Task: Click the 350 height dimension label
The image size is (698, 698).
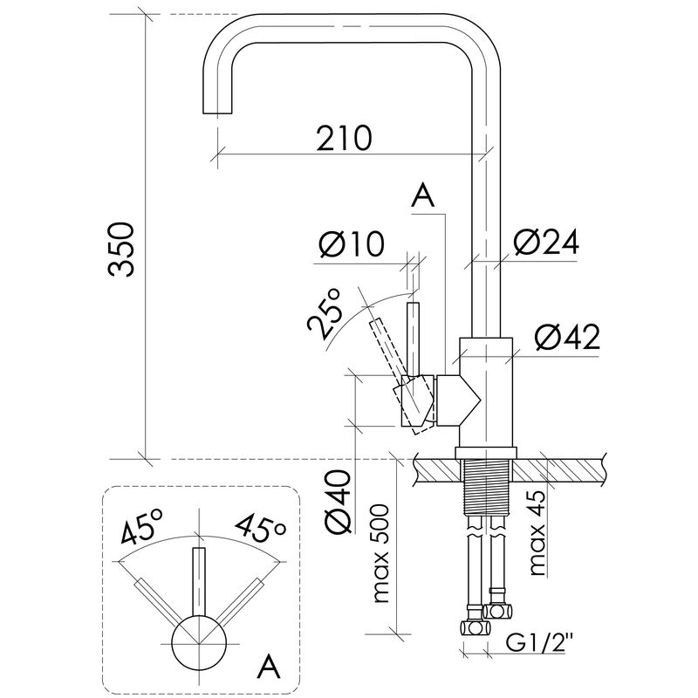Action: [120, 250]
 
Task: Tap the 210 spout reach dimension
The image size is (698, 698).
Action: [343, 138]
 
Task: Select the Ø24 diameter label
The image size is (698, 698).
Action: [546, 243]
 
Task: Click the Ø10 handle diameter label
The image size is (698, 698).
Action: [352, 244]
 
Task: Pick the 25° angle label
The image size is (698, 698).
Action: [325, 313]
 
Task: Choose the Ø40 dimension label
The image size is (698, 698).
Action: [339, 500]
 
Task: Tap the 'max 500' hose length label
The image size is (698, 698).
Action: [381, 554]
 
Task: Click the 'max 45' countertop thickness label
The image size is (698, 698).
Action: [537, 532]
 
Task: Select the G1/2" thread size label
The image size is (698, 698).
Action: [539, 642]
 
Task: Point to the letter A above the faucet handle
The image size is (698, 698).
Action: [422, 196]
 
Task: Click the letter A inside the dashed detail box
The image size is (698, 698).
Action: [270, 667]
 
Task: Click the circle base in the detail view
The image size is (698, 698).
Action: [199, 643]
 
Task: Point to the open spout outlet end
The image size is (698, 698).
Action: [217, 113]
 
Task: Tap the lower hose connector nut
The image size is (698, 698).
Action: [475, 628]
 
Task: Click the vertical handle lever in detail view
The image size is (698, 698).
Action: [199, 581]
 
